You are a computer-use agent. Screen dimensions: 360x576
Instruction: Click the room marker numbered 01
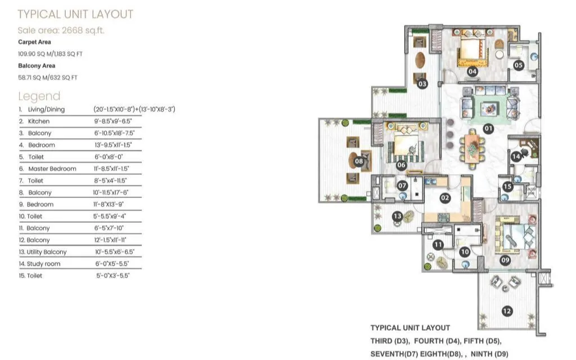coord(488,128)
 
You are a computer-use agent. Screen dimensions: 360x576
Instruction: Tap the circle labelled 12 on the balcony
coord(507,310)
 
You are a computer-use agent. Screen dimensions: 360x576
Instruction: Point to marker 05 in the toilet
coord(519,65)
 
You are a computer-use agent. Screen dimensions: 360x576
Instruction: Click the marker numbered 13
coord(397,216)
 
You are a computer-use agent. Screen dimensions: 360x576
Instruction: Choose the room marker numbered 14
coord(516,157)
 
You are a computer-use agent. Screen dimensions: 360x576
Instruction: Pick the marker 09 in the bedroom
coord(505,260)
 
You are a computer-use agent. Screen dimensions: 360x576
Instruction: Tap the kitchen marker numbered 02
coord(444,198)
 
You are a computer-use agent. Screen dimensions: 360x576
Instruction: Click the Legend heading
coord(39,96)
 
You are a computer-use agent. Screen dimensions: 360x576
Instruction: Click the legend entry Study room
coord(44,264)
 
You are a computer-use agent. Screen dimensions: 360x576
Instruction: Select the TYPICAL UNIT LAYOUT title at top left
coord(75,14)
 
